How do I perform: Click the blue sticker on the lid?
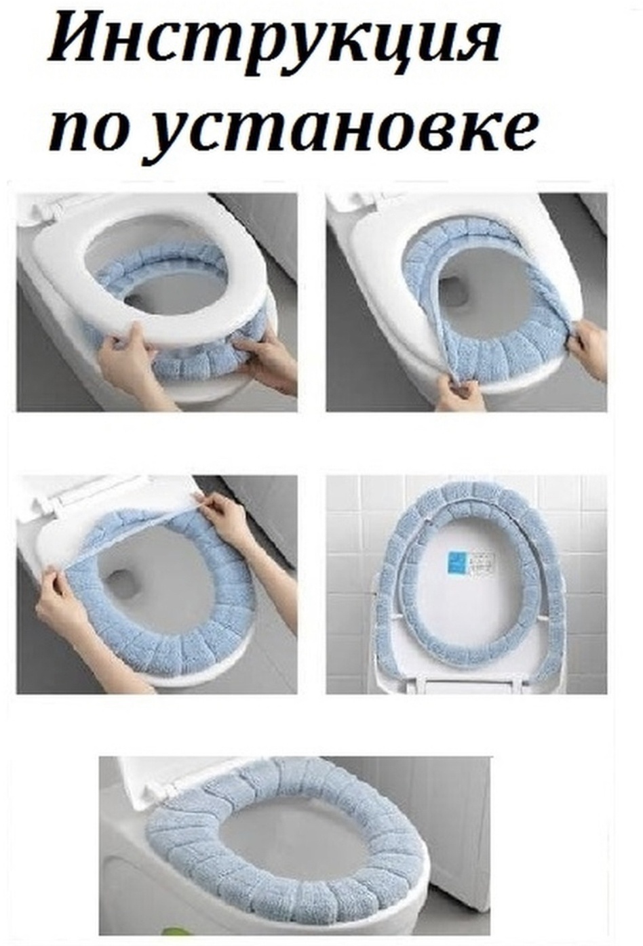(457, 564)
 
